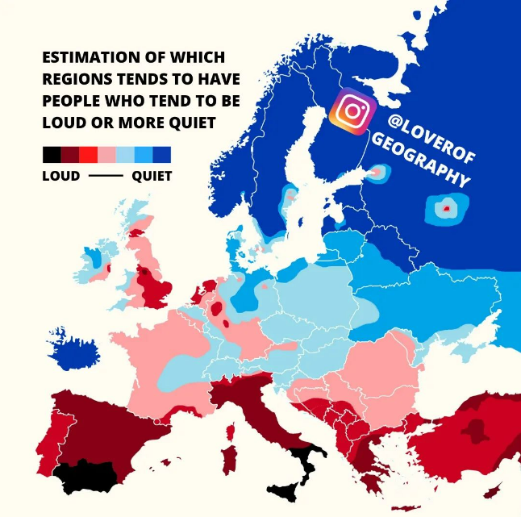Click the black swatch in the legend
pyautogui.click(x=51, y=155)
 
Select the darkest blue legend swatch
pyautogui.click(x=162, y=155)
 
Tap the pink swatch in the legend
pyautogui.click(x=106, y=155)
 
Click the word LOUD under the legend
pyautogui.click(x=60, y=176)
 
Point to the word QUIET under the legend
pyautogui.click(x=152, y=176)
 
